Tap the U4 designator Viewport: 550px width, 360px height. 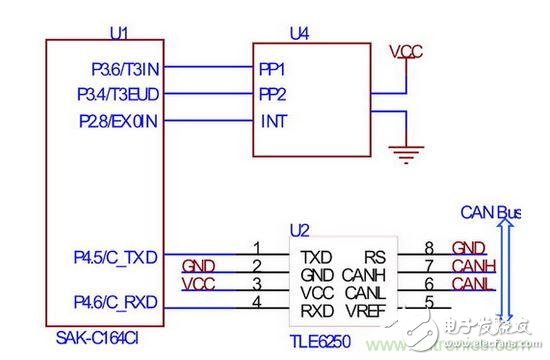tap(299, 33)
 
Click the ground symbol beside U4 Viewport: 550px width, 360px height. tap(405, 153)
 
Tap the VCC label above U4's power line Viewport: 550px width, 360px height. tap(406, 50)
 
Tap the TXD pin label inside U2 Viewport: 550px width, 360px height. tap(317, 256)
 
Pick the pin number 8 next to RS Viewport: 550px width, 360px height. tap(428, 247)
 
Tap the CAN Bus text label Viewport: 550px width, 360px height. tap(489, 212)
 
